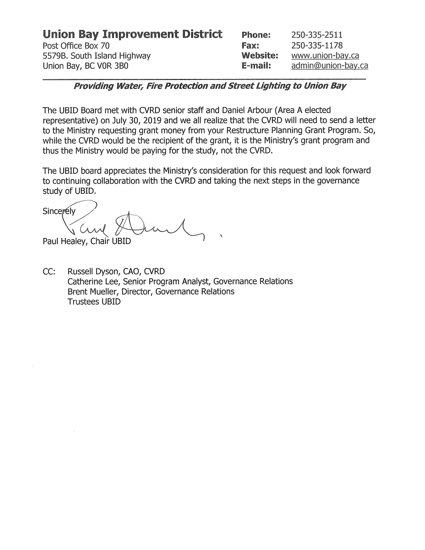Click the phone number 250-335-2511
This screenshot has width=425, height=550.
(317, 35)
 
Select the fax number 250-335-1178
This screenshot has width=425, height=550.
(317, 45)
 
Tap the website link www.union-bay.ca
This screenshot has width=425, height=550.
(325, 55)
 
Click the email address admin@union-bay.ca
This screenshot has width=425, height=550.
(329, 66)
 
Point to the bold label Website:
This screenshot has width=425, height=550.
(260, 55)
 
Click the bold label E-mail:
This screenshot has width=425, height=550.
(256, 66)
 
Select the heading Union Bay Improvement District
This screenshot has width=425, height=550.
(132, 34)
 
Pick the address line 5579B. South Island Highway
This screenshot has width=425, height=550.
(97, 55)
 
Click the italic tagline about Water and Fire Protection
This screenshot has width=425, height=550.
(210, 86)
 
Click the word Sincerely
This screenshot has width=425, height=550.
(59, 211)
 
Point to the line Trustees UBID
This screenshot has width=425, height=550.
(94, 302)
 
